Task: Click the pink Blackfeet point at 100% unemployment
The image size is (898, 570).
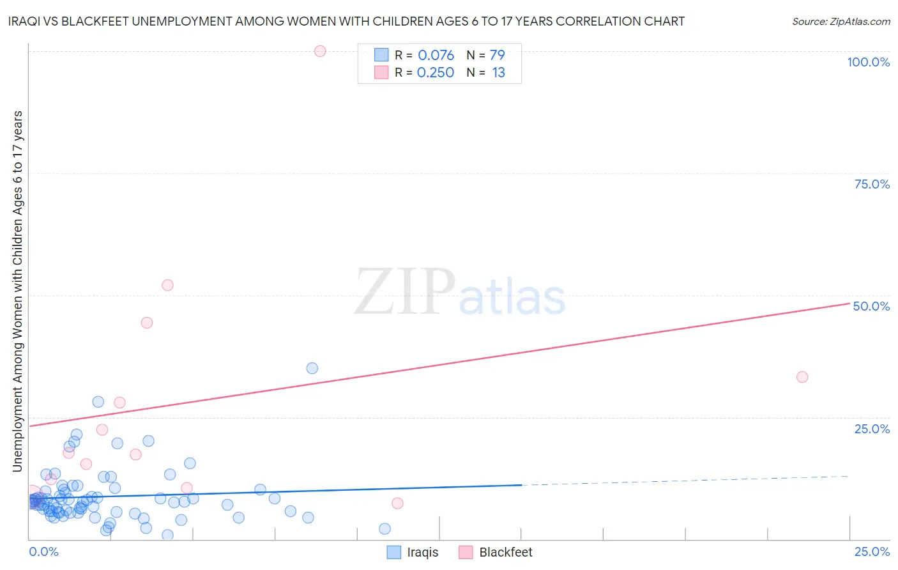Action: click(x=320, y=51)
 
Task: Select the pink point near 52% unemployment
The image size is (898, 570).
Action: click(x=167, y=285)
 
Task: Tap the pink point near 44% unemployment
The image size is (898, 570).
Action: click(x=147, y=323)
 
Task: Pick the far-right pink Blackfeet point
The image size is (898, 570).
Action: click(x=802, y=377)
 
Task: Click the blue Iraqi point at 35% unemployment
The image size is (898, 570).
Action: click(x=312, y=368)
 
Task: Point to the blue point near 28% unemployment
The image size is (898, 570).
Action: click(x=98, y=402)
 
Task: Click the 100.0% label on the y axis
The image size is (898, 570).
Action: click(x=868, y=62)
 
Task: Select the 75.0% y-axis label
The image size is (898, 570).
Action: click(x=872, y=184)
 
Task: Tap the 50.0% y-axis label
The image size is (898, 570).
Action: click(x=871, y=306)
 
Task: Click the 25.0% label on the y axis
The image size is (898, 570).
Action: click(x=872, y=429)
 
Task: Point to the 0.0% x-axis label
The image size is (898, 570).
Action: click(x=43, y=551)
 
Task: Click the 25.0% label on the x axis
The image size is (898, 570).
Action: click(x=872, y=551)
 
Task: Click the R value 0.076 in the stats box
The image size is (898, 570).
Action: click(x=436, y=56)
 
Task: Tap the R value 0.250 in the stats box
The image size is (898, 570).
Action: click(x=435, y=73)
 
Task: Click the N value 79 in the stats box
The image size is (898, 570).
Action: click(x=497, y=56)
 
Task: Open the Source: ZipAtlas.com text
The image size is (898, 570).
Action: click(x=841, y=22)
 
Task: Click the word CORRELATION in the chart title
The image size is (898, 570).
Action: click(x=597, y=21)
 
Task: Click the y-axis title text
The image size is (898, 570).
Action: click(x=17, y=291)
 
